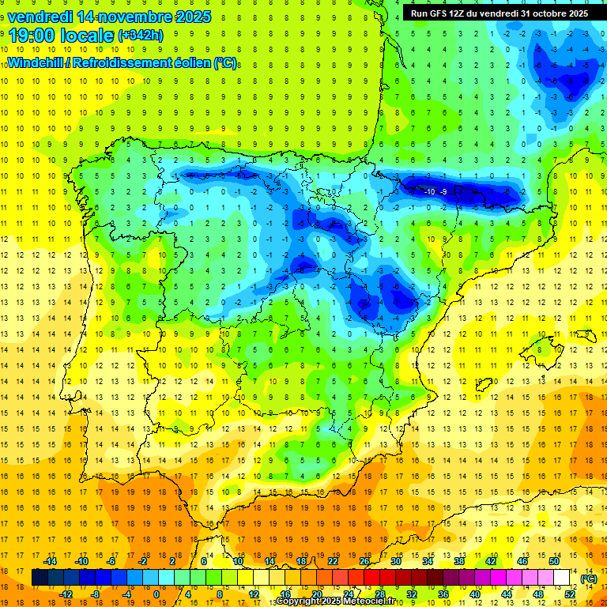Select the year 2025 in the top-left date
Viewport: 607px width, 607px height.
[190, 16]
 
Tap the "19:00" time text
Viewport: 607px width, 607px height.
[32, 36]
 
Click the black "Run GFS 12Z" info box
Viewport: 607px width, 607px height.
[499, 13]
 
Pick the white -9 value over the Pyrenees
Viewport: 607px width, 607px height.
[444, 192]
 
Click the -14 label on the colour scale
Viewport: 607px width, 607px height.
[50, 561]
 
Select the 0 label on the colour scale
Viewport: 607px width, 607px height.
[156, 594]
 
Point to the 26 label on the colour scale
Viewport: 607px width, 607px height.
[364, 561]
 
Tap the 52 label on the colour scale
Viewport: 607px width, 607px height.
[570, 594]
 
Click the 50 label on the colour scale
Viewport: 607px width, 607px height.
[554, 561]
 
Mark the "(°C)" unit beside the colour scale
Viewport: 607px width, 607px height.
[589, 579]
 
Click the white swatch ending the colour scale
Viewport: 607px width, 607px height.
[562, 578]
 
